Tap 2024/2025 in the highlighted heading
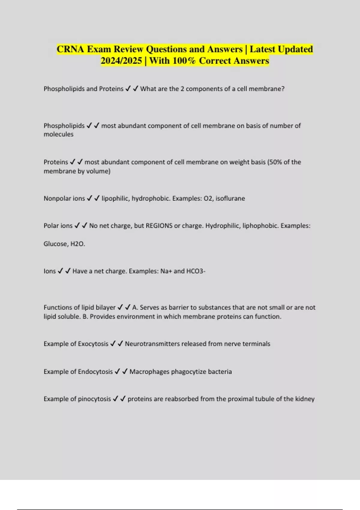click(121, 61)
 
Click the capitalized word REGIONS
click(159, 226)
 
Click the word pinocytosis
click(94, 399)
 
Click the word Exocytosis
click(93, 344)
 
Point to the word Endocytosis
click(95, 372)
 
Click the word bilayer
click(105, 307)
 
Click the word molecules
click(58, 134)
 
